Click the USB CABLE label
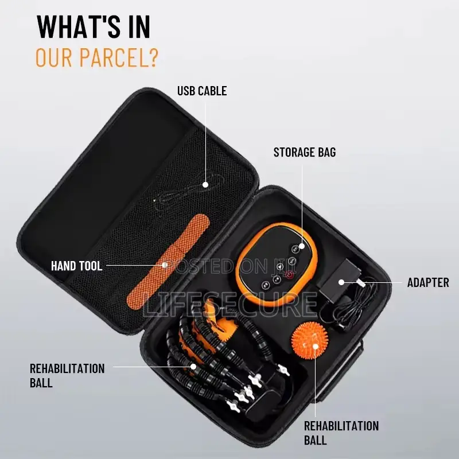(202, 91)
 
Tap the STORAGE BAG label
(305, 152)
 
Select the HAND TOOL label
(77, 266)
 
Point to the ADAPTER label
(428, 282)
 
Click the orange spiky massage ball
(310, 340)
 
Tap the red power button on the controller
(289, 275)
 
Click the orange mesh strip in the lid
(168, 260)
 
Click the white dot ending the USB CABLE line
(205, 185)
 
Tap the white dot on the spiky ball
(315, 347)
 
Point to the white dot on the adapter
(341, 282)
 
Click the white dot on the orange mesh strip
(165, 265)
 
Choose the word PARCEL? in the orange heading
(119, 58)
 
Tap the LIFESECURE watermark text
(230, 305)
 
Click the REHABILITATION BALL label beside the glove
(67, 376)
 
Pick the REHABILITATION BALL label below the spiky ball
(341, 433)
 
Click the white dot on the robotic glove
(193, 367)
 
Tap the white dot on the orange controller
(302, 246)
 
